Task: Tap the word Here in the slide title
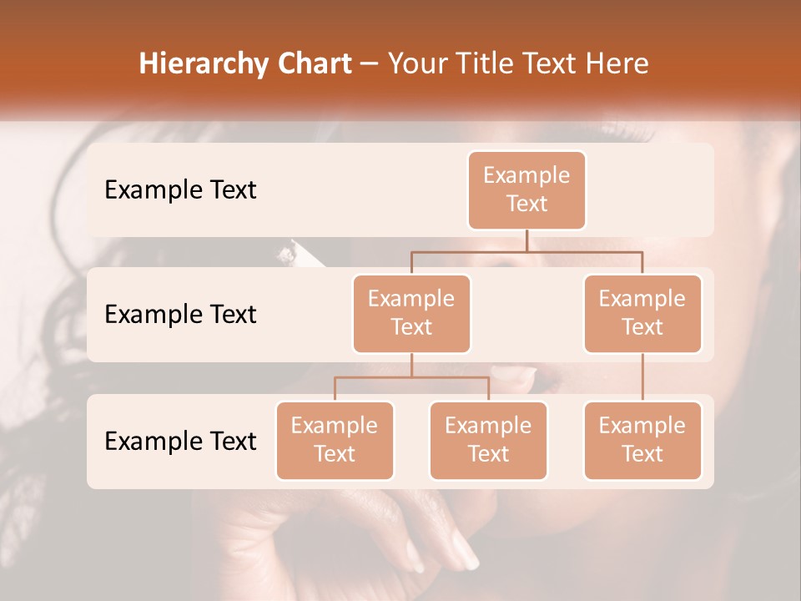(617, 64)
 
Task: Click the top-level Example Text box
(526, 189)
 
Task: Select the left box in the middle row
(411, 313)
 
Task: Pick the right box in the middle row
(642, 313)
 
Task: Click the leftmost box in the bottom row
(335, 440)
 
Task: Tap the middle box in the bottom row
(488, 440)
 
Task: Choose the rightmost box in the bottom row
(642, 440)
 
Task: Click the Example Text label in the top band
(180, 190)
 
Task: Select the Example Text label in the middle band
(180, 315)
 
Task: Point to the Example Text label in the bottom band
(180, 441)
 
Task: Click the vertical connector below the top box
(526, 240)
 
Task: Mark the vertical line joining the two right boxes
(642, 377)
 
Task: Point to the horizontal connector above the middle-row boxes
(526, 251)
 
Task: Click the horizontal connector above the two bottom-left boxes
(411, 377)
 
